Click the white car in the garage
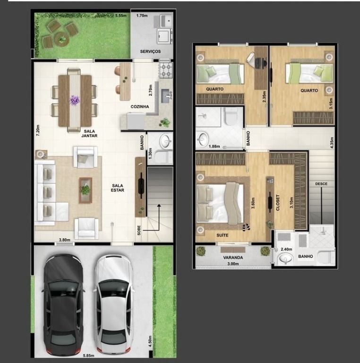(x=114, y=305)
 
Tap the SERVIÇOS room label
(x=150, y=52)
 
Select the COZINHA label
(x=140, y=107)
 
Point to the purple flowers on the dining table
(x=75, y=100)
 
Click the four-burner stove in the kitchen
(x=166, y=70)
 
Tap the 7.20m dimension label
(x=38, y=130)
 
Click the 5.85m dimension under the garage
(x=89, y=355)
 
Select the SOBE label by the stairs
(x=139, y=230)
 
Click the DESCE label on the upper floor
(x=321, y=184)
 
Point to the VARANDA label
(x=233, y=258)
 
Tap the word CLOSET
(x=278, y=203)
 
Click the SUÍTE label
(x=223, y=235)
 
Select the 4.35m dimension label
(x=332, y=143)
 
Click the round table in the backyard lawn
(x=61, y=39)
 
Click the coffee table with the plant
(x=86, y=190)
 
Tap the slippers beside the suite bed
(x=246, y=227)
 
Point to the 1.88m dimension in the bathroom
(x=214, y=147)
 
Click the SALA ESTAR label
(x=118, y=188)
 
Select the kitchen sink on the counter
(x=166, y=95)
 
